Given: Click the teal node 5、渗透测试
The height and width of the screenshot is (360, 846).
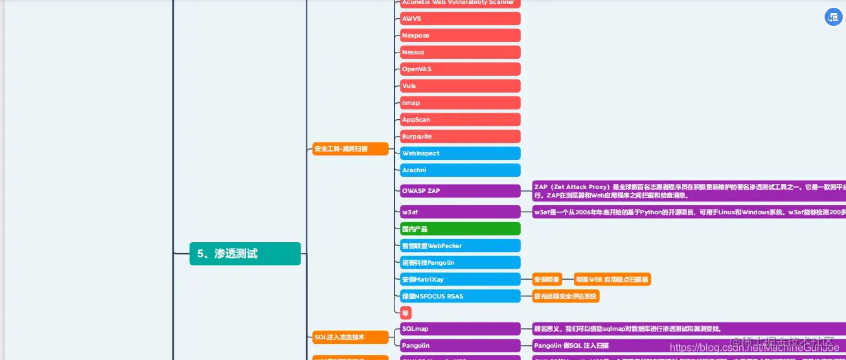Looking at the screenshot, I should click(245, 254).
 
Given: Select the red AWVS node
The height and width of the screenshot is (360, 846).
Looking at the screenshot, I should click(460, 19).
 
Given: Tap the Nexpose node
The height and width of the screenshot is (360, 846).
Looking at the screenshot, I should click(460, 36).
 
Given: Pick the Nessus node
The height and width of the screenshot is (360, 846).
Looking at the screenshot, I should click(460, 52).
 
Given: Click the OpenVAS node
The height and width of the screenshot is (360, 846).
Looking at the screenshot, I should click(460, 69).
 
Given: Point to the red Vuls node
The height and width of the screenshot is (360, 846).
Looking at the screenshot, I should click(460, 86).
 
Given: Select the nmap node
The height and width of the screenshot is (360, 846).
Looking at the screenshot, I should click(460, 103).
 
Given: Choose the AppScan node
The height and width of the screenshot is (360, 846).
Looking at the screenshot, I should click(460, 120).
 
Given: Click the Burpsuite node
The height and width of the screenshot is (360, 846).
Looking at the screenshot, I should click(460, 137).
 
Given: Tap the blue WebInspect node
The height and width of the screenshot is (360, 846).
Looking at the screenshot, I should click(460, 153).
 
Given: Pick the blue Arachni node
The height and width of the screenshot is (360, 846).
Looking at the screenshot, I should click(460, 170).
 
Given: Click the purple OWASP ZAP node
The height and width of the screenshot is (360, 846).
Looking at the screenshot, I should click(460, 191).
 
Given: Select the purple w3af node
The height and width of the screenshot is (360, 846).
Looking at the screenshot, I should click(460, 212).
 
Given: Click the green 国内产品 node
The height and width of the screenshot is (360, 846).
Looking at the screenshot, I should click(460, 229).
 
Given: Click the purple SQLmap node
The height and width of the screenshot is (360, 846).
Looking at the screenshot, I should click(460, 329).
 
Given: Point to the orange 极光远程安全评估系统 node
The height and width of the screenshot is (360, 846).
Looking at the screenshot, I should click(566, 297).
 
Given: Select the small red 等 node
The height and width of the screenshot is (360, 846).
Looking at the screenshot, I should click(406, 313).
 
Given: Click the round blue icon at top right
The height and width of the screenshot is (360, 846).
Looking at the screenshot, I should click(833, 17).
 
